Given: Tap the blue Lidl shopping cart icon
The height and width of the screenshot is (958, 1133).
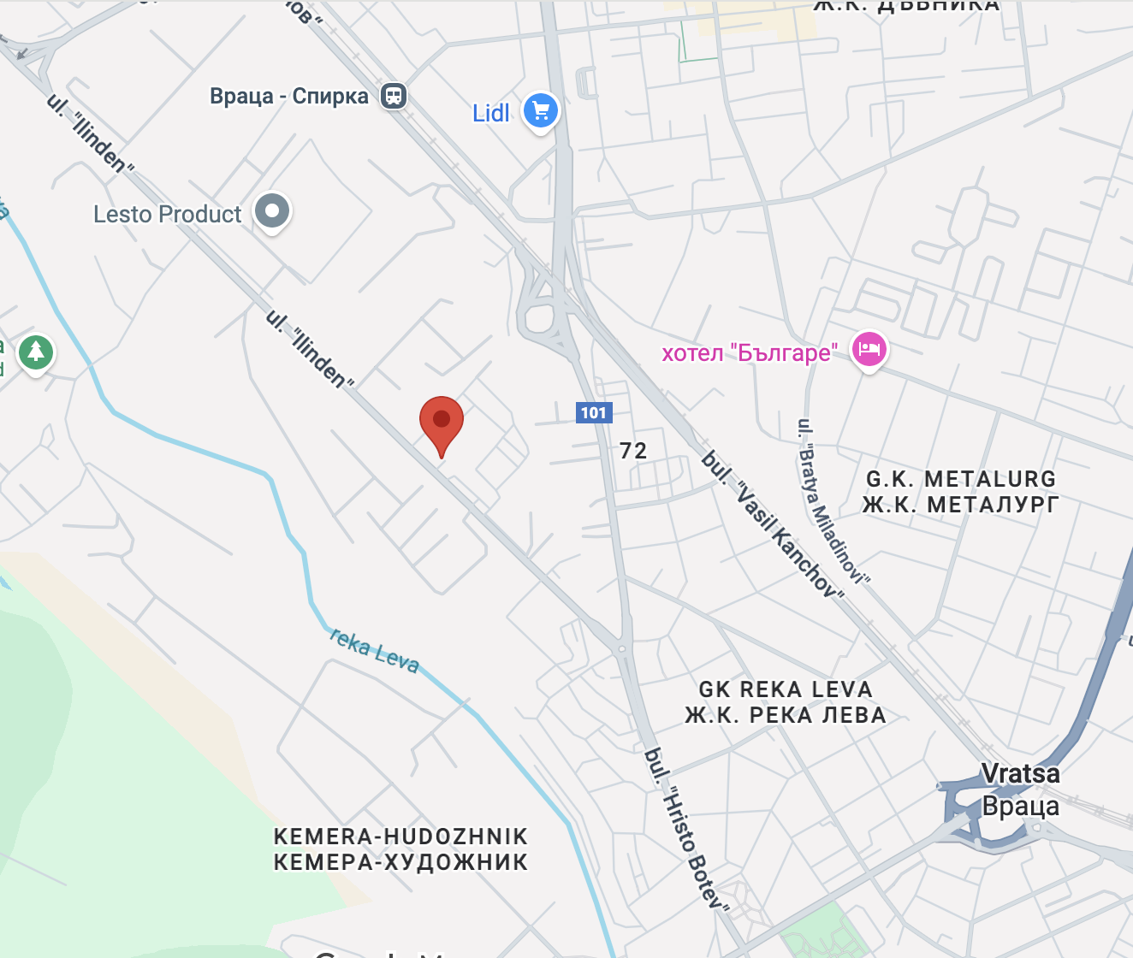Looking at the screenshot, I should (x=541, y=110).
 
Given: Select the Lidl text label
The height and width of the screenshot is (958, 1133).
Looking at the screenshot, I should (x=490, y=113).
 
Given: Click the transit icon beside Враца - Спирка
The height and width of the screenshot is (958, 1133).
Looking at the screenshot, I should (x=394, y=95).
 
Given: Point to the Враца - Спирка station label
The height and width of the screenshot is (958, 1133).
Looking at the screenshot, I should (x=288, y=96).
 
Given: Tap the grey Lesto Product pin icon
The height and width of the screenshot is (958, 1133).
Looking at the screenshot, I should (x=273, y=210).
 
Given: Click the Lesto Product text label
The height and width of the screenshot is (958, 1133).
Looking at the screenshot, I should (x=168, y=214).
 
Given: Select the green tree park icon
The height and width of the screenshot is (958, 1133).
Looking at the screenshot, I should (x=36, y=352).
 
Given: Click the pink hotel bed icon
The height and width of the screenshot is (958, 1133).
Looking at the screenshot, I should (x=869, y=349).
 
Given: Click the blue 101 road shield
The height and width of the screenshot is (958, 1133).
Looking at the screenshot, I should (x=594, y=413).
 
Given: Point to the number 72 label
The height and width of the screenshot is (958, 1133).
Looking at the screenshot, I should (x=633, y=451).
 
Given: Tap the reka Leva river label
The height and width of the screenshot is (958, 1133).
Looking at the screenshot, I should (x=374, y=651).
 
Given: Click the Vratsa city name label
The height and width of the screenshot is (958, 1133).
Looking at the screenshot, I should (x=1020, y=774).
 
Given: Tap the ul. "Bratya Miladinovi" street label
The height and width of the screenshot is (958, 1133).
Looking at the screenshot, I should (x=832, y=501).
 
